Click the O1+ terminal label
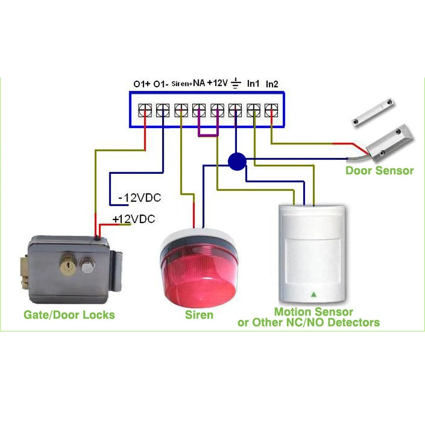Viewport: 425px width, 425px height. click(142, 84)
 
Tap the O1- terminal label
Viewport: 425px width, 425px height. click(161, 84)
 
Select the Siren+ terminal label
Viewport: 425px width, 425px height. click(182, 83)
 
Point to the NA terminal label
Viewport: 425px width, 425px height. click(199, 83)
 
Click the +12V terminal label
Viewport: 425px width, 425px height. click(217, 83)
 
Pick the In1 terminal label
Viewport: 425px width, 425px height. click(253, 83)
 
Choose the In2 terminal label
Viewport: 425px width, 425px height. click(272, 84)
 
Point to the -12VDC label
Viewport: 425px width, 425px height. click(139, 198)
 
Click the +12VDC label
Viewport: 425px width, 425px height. click(133, 219)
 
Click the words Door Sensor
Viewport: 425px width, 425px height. click(379, 171)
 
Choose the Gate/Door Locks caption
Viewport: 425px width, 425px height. click(69, 314)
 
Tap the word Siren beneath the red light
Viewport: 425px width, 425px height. click(199, 315)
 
